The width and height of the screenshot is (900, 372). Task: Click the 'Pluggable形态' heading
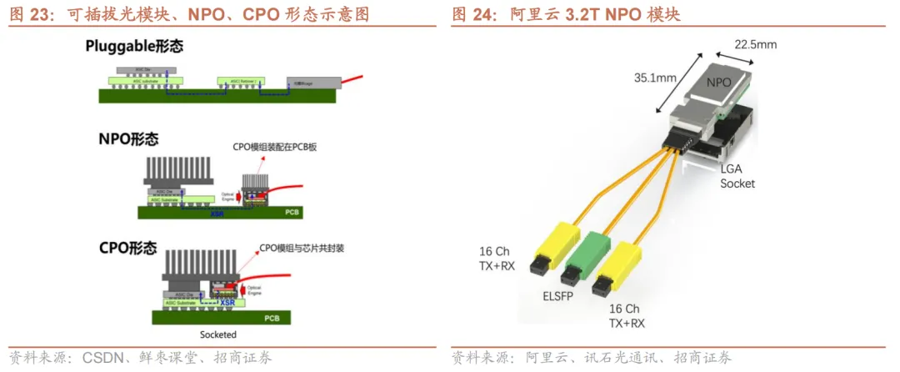coord(134,47)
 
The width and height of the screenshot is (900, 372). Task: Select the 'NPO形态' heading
coord(128,139)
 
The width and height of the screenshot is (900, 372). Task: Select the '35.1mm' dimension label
coord(654,78)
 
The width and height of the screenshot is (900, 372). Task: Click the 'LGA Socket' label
coord(737,176)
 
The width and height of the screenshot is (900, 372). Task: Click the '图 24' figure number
coord(470,14)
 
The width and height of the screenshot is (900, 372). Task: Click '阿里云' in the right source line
coord(543,358)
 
